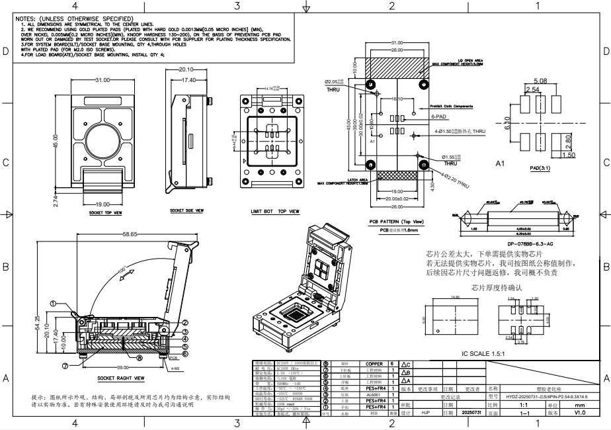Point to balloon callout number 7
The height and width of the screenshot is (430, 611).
point(65,365)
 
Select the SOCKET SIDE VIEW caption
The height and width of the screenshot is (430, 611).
point(186,210)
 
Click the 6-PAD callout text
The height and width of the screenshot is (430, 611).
point(438,116)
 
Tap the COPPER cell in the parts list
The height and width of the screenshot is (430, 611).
point(370,364)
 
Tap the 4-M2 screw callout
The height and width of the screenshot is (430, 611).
point(175,368)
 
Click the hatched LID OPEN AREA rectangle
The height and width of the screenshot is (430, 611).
point(396,67)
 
